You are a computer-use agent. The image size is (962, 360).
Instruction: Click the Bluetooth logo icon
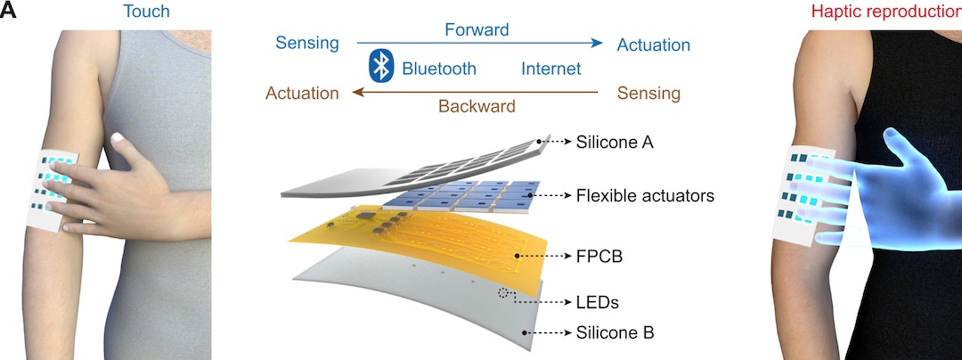click(x=381, y=67)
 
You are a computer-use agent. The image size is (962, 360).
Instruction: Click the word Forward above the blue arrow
click(x=477, y=29)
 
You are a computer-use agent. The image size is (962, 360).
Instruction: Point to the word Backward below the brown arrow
click(x=477, y=106)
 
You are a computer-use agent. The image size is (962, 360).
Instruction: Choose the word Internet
click(x=550, y=68)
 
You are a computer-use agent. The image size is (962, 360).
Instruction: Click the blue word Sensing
click(x=307, y=44)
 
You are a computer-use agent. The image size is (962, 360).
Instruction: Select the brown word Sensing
click(x=648, y=93)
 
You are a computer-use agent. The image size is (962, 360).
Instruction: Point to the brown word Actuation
click(x=303, y=93)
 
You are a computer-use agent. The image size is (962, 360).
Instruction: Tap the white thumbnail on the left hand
click(x=118, y=137)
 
